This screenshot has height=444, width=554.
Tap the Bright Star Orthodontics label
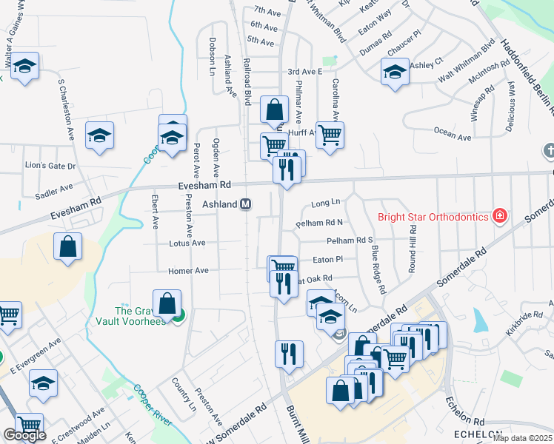coord(433,217)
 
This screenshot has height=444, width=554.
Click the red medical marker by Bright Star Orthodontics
coord(501,216)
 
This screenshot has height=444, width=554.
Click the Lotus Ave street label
coord(187,243)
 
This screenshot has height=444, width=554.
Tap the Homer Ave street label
coord(189,271)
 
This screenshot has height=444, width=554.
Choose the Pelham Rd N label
coord(320,222)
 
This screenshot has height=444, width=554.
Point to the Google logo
coord(24,435)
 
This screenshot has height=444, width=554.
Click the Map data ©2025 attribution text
coord(522,438)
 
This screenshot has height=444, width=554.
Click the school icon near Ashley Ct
coord(395,73)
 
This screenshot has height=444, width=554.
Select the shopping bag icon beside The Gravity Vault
coord(167,303)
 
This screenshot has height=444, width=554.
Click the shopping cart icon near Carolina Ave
coord(330,135)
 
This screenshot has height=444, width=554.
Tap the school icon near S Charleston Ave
coord(99,135)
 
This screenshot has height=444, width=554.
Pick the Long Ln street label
coord(325,202)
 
